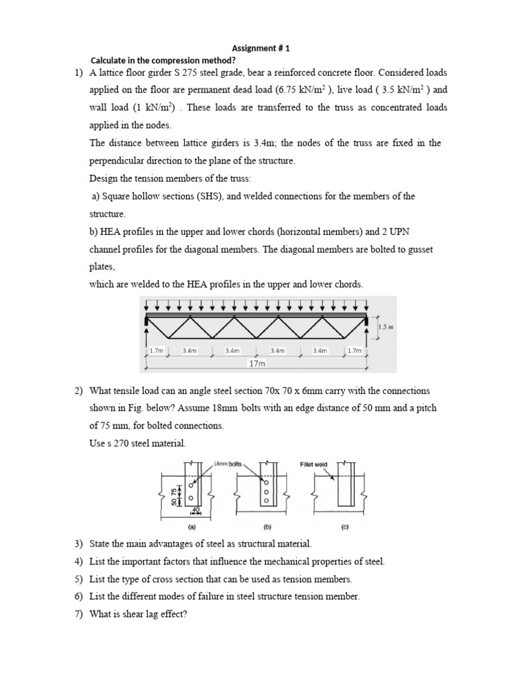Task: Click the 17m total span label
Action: [257, 364]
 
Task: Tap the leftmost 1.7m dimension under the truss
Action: [156, 351]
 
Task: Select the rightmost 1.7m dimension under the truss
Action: [355, 351]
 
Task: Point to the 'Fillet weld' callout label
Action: [314, 465]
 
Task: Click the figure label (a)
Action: [191, 527]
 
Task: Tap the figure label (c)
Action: [345, 527]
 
